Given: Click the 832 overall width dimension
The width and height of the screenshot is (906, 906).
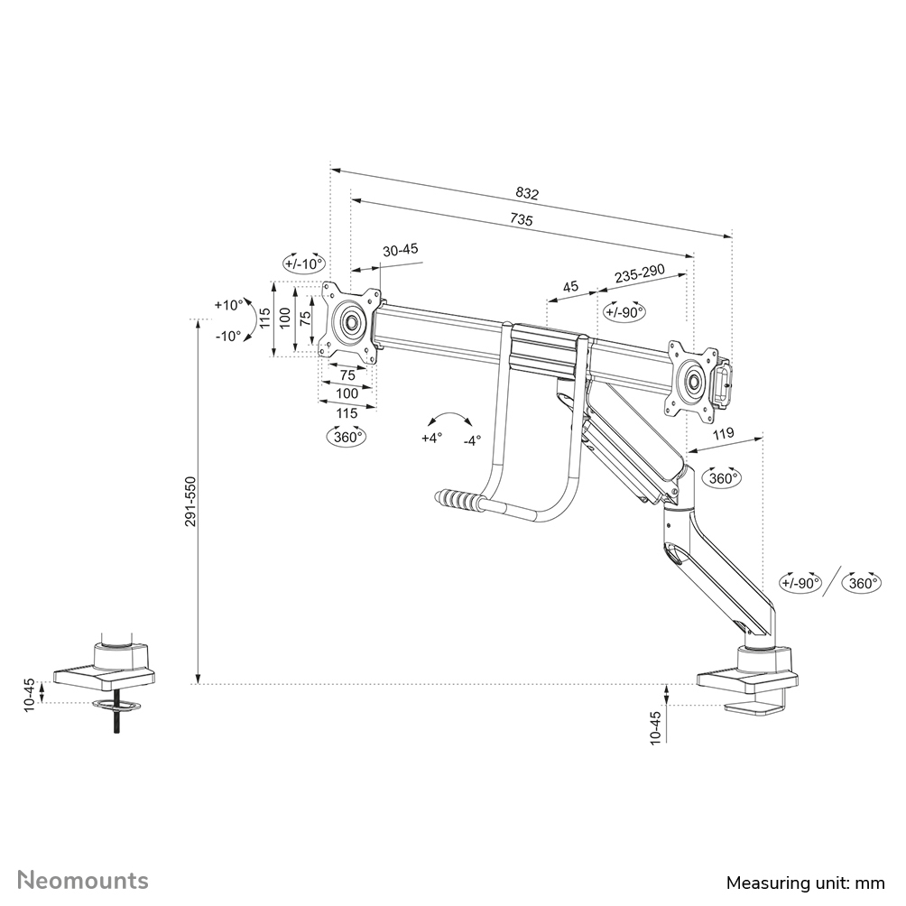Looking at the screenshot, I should click(x=527, y=193).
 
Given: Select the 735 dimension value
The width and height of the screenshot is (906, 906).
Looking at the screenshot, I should click(x=522, y=219).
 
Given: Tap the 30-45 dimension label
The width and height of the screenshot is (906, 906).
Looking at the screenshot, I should click(x=401, y=251).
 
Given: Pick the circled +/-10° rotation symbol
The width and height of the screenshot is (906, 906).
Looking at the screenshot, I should click(x=303, y=263).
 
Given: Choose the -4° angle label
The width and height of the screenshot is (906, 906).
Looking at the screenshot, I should click(x=471, y=440).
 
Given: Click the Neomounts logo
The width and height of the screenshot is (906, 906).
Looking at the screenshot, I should click(x=84, y=880).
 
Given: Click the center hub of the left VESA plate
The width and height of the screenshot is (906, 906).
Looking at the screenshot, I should click(x=350, y=323).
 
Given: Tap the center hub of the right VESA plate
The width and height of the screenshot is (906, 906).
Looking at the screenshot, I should click(x=693, y=380).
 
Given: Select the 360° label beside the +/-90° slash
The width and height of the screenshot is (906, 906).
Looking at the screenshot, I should click(x=862, y=583).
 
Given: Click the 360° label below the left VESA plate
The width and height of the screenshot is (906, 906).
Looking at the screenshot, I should click(x=346, y=437).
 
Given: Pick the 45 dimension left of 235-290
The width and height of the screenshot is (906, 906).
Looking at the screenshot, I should click(x=570, y=287).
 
